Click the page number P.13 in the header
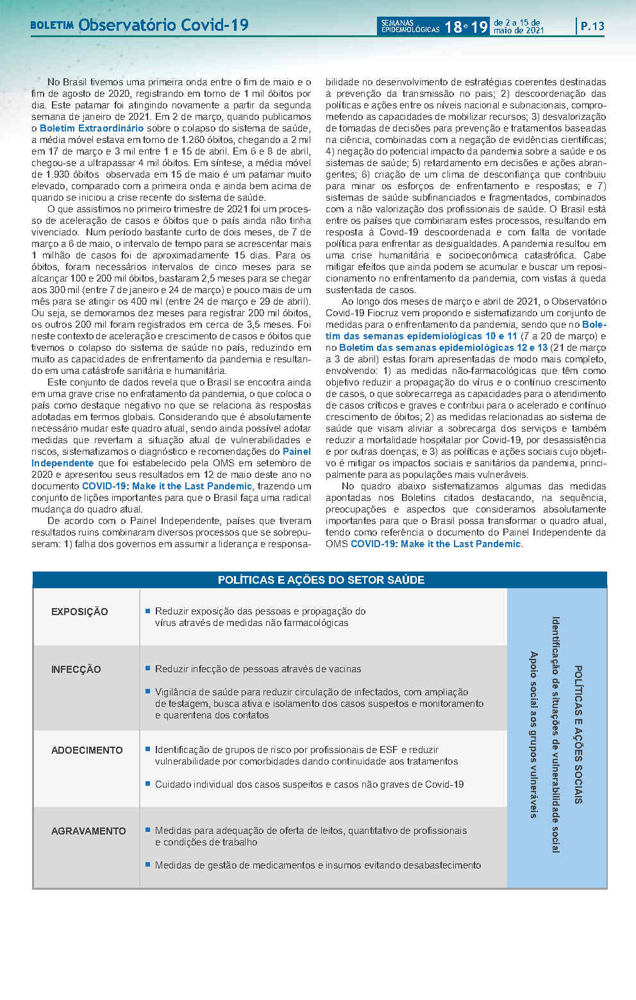592,26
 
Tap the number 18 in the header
453,27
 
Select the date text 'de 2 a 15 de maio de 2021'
519,26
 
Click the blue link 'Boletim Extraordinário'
92,128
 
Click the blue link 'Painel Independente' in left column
63,463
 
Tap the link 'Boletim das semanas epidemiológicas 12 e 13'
443,348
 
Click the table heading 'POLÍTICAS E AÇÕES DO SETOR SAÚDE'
321,580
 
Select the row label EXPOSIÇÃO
79,612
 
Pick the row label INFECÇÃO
76,670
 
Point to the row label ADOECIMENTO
87,750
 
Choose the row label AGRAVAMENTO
88,831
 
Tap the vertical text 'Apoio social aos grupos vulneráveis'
533,734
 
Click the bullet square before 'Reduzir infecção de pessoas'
148,668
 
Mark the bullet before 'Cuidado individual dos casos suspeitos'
148,784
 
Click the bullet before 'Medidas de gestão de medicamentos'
148,865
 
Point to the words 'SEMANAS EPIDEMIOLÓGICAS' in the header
410,26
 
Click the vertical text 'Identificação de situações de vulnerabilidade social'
555,734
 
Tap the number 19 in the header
479,27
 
